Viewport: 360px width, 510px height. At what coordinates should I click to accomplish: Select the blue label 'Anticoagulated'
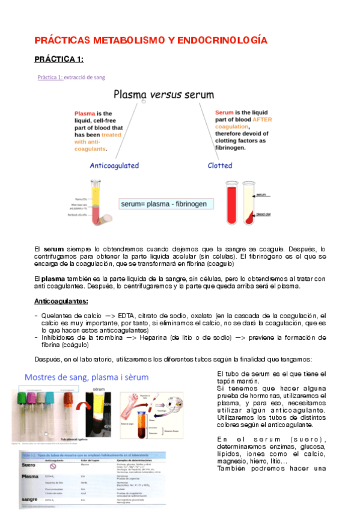click(x=114, y=165)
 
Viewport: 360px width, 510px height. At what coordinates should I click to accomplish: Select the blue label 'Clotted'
click(x=220, y=165)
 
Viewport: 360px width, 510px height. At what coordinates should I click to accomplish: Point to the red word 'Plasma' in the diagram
click(x=85, y=114)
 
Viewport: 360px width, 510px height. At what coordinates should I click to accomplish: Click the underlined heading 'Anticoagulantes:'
click(x=61, y=301)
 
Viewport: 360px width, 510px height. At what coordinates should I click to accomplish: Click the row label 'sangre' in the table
click(x=30, y=499)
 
